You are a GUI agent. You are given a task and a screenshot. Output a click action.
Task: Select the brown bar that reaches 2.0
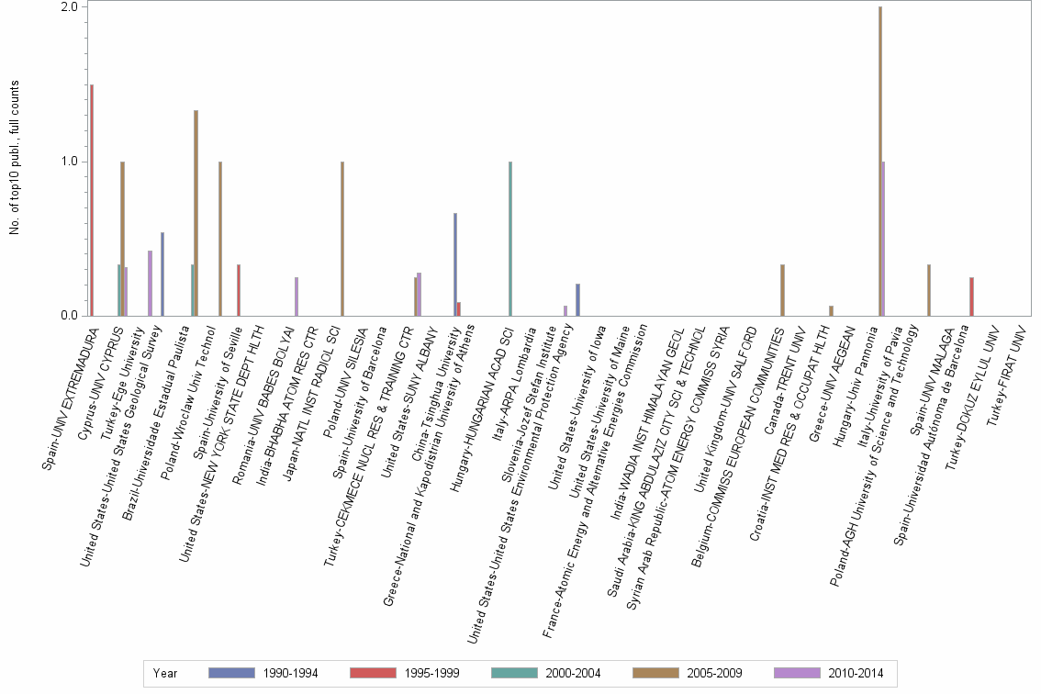click(x=880, y=162)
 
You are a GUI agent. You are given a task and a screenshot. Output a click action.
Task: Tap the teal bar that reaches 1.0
click(x=510, y=239)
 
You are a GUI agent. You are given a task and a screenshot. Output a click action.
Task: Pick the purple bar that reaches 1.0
click(x=883, y=239)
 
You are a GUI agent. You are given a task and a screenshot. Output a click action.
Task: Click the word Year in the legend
click(x=165, y=674)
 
